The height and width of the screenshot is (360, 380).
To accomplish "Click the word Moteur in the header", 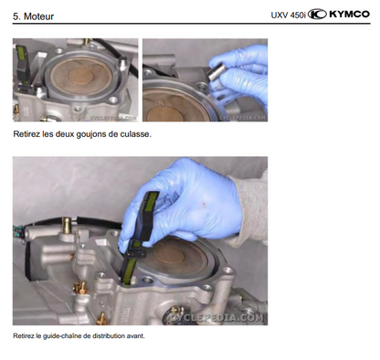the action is pyautogui.click(x=38, y=16).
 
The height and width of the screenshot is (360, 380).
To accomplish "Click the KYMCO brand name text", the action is pyautogui.click(x=350, y=14).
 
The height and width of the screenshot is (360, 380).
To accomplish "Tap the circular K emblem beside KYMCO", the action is pyautogui.click(x=317, y=14).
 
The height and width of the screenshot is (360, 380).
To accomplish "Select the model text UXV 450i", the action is pyautogui.click(x=288, y=15).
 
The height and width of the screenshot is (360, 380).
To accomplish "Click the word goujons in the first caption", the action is pyautogui.click(x=91, y=134).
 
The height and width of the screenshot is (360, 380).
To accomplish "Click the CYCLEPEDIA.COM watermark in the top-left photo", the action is pyautogui.click(x=114, y=118).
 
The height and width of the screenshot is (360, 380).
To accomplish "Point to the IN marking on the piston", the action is pyautogui.click(x=160, y=103).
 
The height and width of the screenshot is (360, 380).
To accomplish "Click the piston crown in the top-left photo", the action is pyautogui.click(x=80, y=76).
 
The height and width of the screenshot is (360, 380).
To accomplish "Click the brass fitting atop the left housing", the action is pyautogui.click(x=66, y=226).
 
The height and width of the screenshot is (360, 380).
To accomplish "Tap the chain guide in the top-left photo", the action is pyautogui.click(x=22, y=66).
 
